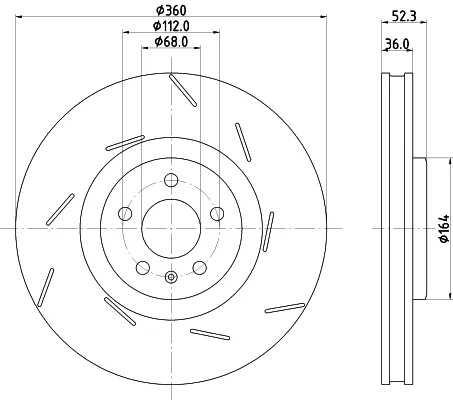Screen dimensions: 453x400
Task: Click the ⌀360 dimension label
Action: tap(171, 10)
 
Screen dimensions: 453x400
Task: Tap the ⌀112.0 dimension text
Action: tap(171, 26)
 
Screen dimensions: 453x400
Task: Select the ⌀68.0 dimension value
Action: tap(171, 42)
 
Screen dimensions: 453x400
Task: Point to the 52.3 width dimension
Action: tap(404, 16)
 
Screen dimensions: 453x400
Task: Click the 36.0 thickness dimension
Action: tap(397, 44)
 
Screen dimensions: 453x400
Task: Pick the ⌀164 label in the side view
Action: tap(445, 229)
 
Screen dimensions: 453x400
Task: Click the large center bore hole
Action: tap(171, 229)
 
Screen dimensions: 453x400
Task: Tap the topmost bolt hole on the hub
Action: tap(171, 180)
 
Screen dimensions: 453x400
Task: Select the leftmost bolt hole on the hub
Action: tap(125, 214)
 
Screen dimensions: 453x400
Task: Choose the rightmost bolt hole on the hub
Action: tap(217, 214)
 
